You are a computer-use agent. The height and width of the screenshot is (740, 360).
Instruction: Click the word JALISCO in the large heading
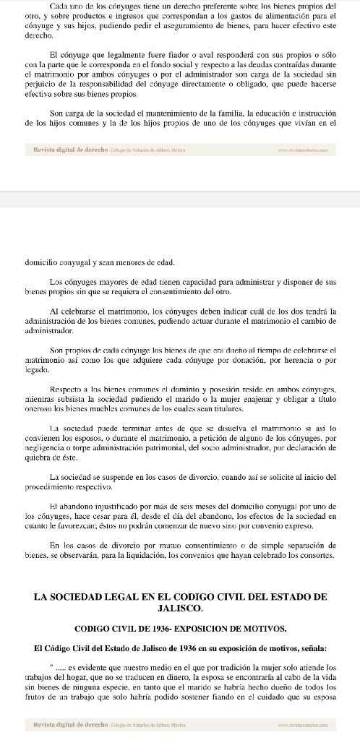click(180, 608)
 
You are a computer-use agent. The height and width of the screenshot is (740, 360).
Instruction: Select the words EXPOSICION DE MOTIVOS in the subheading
click(234, 627)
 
